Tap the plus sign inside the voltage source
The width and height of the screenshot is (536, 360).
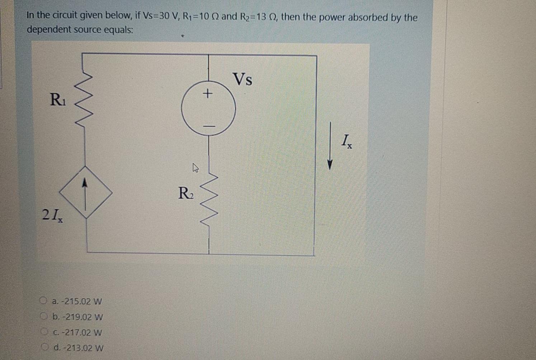click(207, 94)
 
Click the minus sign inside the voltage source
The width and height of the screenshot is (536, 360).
click(209, 126)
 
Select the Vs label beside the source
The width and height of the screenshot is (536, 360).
click(243, 79)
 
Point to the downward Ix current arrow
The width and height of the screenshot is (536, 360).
click(330, 145)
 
